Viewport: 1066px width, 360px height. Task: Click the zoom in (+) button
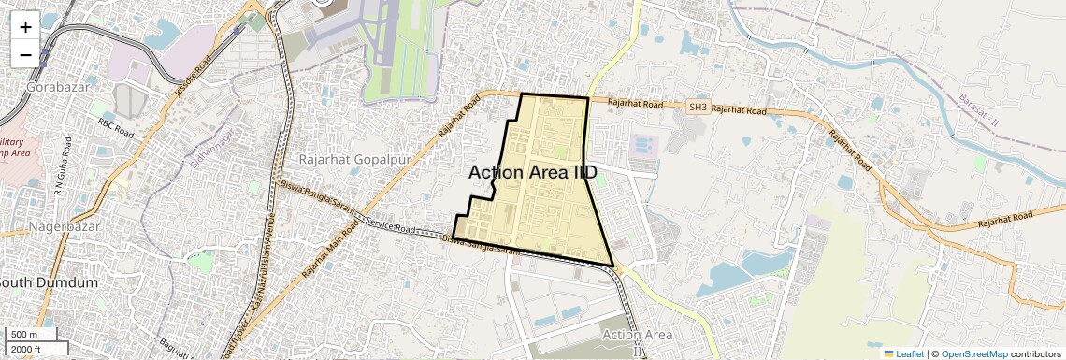point(25,26)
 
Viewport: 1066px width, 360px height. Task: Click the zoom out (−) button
point(25,54)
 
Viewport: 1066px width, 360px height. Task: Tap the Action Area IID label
point(532,172)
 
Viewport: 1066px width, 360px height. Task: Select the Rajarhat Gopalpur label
point(355,160)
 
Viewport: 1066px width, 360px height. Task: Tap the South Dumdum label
point(49,282)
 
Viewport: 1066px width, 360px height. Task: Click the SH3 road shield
point(698,108)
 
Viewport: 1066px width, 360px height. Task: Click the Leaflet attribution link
point(903,353)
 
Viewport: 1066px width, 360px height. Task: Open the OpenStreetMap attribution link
point(973,353)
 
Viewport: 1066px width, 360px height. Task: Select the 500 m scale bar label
point(23,335)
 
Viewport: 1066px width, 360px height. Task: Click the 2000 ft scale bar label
point(25,349)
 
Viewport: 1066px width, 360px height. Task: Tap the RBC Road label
point(118,127)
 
